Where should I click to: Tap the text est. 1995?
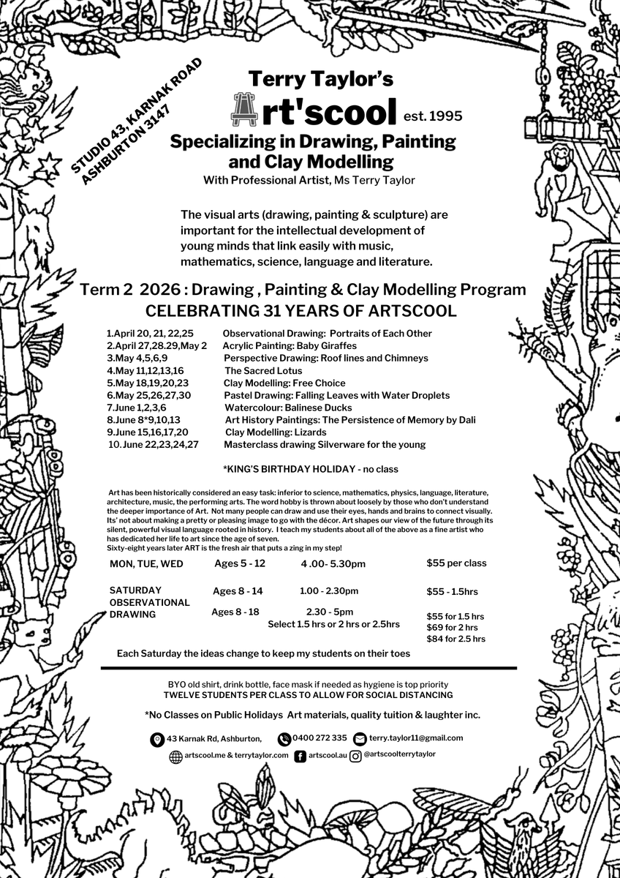point(433,115)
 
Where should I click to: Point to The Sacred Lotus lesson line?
point(263,370)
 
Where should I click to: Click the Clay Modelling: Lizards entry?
point(276,432)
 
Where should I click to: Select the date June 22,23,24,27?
point(154,445)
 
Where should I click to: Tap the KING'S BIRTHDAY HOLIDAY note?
point(310,469)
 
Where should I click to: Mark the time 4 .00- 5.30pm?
point(333,564)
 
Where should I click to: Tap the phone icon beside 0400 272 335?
point(284,739)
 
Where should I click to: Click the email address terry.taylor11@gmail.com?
point(415,738)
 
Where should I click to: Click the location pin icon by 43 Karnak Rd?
point(157,740)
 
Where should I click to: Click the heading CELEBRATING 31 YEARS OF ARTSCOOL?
point(301,311)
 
